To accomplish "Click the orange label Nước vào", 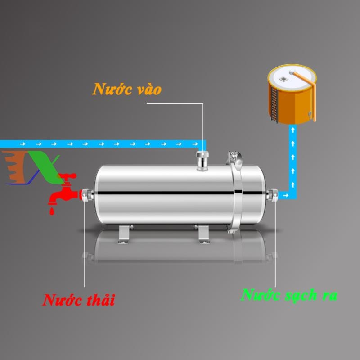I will [127, 89].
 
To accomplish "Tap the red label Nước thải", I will [79, 300].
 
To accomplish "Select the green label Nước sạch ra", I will [289, 295].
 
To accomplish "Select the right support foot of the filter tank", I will [203, 234].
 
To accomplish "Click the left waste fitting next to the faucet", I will [86, 196].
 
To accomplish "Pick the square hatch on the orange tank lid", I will [283, 78].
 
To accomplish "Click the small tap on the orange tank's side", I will [310, 117].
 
